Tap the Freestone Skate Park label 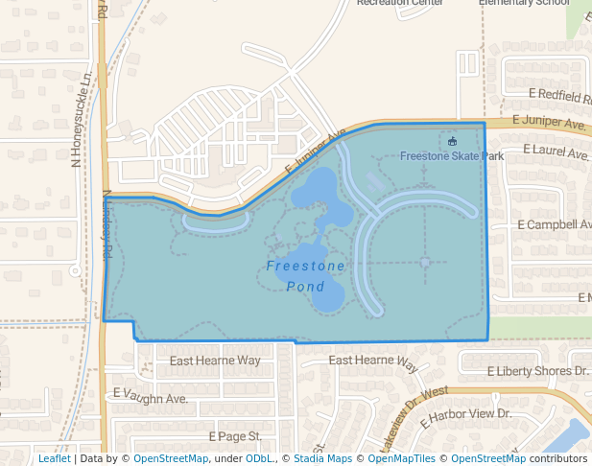[x=451, y=156]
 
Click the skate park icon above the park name [x=452, y=142]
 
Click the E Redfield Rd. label [x=559, y=95]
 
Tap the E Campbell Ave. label [x=554, y=224]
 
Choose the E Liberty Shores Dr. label [x=536, y=370]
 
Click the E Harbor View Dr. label [x=465, y=414]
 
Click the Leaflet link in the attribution [x=54, y=459]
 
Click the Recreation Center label [x=400, y=3]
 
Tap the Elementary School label [x=525, y=3]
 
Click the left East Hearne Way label [x=215, y=361]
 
